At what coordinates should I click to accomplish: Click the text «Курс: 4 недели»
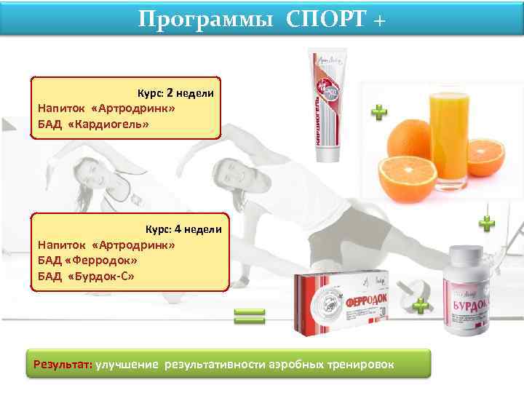point(183,229)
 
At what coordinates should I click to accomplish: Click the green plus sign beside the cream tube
point(379,112)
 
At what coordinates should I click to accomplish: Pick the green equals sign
point(250,316)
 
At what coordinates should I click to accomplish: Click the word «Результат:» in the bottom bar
point(60,363)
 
